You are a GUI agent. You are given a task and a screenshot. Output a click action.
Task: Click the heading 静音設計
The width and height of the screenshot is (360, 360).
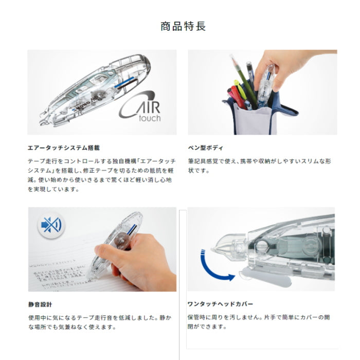pyautogui.click(x=40, y=304)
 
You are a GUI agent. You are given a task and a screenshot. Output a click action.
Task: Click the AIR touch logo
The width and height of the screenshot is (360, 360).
pyautogui.click(x=140, y=107)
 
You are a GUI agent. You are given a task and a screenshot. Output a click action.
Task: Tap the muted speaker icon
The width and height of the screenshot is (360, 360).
pyautogui.click(x=50, y=225)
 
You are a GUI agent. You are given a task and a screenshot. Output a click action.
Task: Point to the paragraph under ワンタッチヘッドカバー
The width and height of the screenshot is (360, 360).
pyautogui.click(x=260, y=322)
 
